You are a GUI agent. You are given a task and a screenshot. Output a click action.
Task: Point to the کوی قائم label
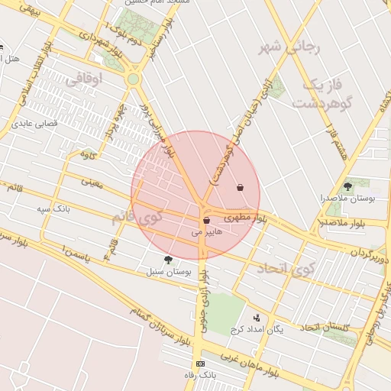click(x=137, y=217)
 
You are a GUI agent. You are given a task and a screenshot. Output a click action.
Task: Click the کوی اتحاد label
click(x=286, y=268)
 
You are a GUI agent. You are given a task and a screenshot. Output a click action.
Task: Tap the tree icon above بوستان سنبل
click(x=168, y=260)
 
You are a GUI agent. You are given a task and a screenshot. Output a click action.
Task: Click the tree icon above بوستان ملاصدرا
click(x=347, y=186)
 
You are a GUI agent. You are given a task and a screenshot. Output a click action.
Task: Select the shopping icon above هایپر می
click(x=206, y=221)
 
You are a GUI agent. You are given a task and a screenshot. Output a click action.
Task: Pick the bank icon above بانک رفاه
click(x=200, y=364)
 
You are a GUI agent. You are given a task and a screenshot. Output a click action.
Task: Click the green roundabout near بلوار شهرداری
click(x=134, y=78)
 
